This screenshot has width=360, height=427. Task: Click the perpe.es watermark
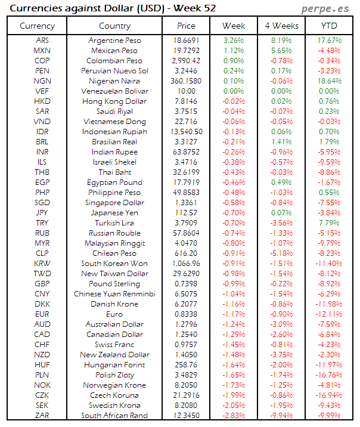point(325,8)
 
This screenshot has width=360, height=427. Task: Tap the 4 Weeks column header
point(281,26)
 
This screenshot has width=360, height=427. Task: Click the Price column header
point(187,26)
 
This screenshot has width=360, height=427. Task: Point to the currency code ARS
point(42,40)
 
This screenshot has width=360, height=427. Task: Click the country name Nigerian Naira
point(114,81)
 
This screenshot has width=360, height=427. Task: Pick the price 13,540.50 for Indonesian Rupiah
point(187,131)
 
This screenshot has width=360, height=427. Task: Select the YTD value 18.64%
point(330,81)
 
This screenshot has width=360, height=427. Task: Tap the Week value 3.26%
point(233,40)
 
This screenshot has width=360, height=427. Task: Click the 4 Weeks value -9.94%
point(281,415)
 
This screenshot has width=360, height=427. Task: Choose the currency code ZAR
point(42,415)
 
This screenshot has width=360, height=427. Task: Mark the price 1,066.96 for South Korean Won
point(187,263)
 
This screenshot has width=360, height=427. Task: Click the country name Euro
point(114,314)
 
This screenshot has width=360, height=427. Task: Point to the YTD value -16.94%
point(330,395)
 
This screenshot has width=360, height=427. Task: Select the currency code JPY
point(42,212)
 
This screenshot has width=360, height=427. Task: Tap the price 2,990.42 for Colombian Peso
point(187,60)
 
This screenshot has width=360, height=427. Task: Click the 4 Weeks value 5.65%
point(281,50)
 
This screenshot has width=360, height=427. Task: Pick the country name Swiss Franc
point(114,344)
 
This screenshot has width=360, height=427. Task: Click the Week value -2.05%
point(233,405)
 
